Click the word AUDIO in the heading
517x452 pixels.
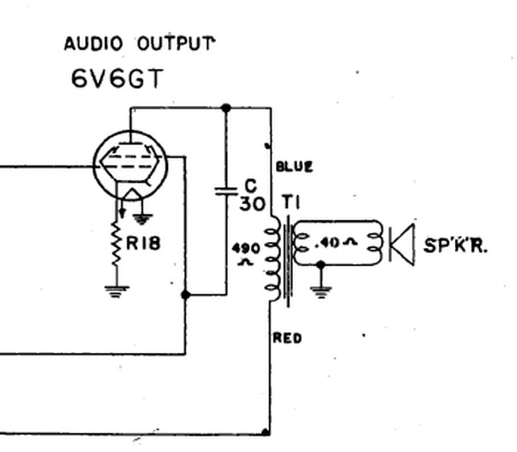(x=93, y=44)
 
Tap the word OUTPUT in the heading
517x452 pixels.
(x=176, y=43)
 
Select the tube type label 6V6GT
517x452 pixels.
(x=117, y=78)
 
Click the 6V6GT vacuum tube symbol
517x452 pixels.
(x=131, y=165)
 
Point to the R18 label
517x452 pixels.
(x=143, y=244)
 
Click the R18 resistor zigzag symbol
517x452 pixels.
(x=116, y=244)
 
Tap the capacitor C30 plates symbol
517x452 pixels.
(x=226, y=191)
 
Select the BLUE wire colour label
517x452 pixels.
(x=294, y=166)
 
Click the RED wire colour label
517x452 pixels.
(x=287, y=338)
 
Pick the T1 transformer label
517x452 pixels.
(x=291, y=201)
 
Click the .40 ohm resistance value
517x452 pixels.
(x=336, y=243)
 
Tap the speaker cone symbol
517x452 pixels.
(x=402, y=244)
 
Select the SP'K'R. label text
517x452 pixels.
(x=455, y=245)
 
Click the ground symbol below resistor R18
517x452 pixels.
(x=116, y=292)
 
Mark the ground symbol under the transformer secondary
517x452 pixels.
(x=321, y=292)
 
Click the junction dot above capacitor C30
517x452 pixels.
(x=226, y=108)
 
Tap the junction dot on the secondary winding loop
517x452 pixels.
(x=321, y=264)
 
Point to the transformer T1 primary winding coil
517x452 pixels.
(x=273, y=258)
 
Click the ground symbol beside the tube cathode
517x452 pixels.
(x=142, y=219)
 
